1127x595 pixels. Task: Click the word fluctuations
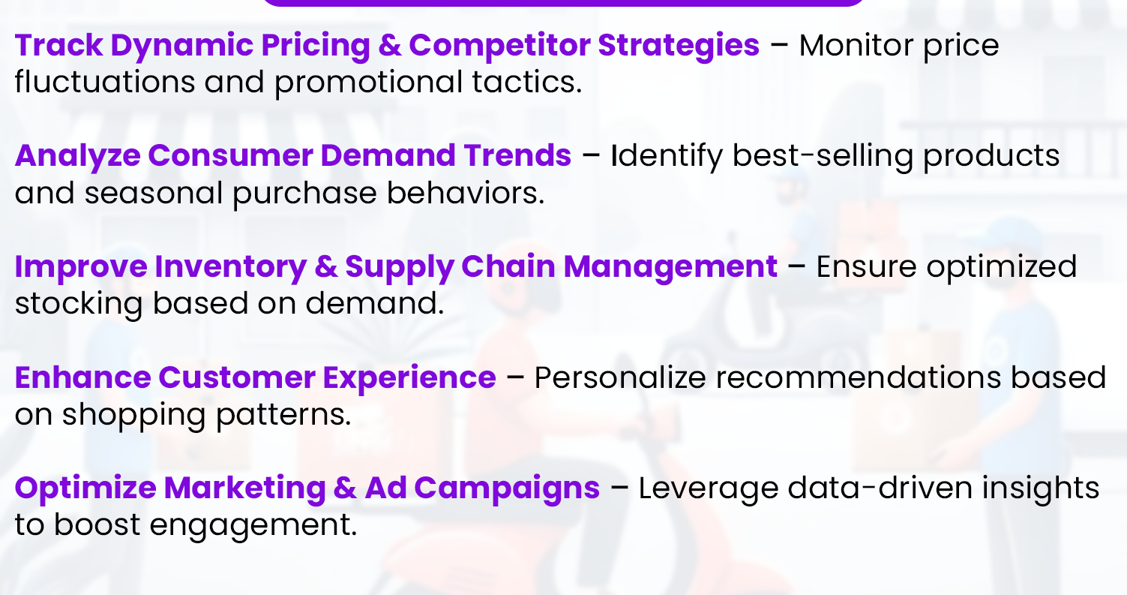tap(104, 83)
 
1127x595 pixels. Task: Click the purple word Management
tap(670, 267)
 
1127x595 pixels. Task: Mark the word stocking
tap(78, 304)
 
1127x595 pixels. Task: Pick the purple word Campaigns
tap(507, 488)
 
